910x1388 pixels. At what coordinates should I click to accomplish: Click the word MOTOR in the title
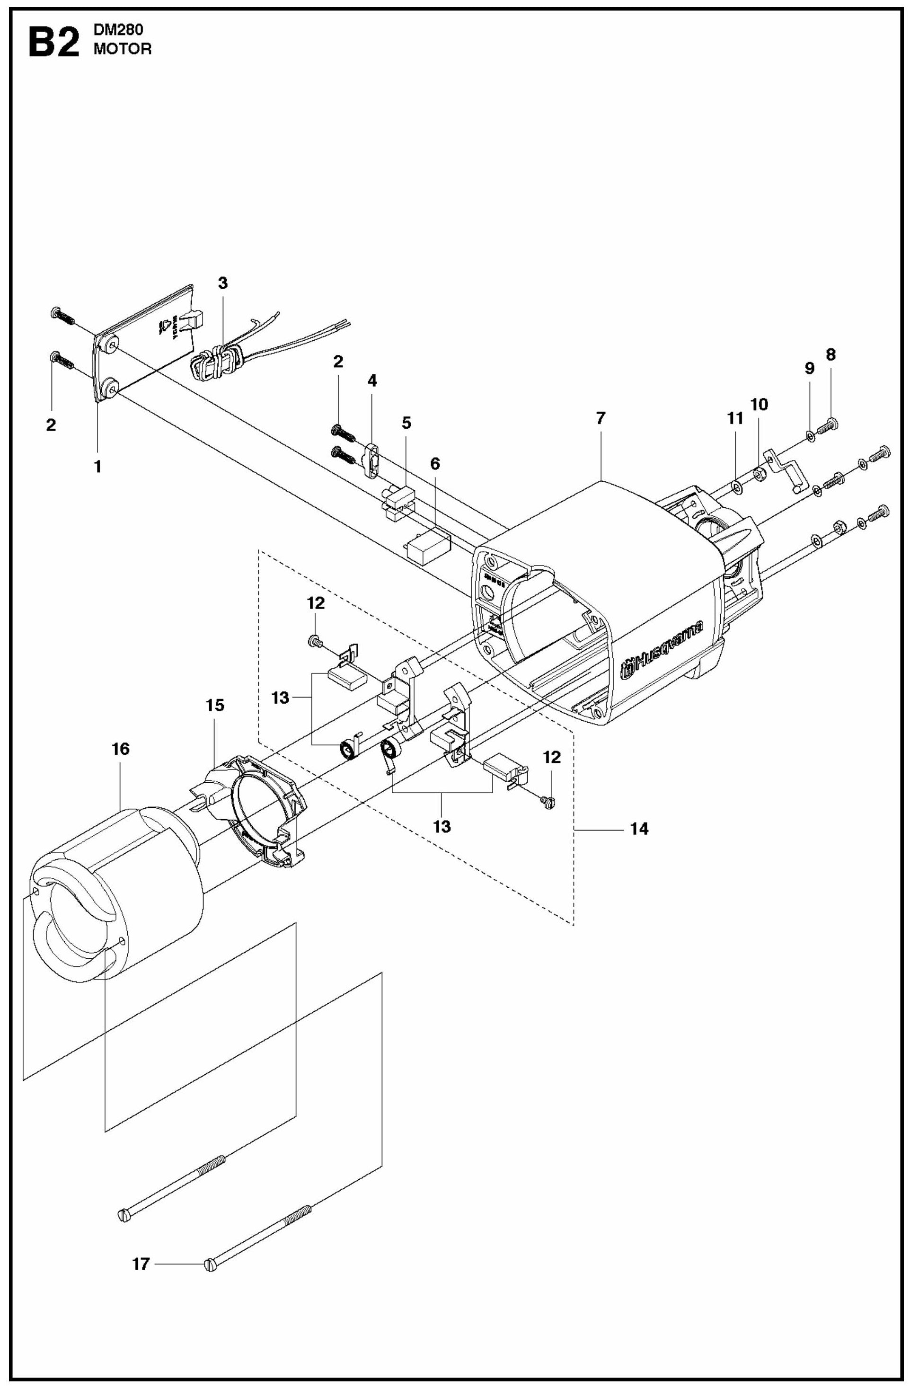123,50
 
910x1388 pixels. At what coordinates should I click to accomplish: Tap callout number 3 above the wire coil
223,283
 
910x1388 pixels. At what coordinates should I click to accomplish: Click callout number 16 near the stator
120,749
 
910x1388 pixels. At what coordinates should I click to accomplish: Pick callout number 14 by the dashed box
639,829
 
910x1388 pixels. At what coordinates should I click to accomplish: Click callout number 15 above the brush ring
215,706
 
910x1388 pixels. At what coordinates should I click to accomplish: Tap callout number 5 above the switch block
406,423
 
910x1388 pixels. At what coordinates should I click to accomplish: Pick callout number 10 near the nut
759,404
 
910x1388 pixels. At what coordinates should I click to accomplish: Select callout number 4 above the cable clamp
371,381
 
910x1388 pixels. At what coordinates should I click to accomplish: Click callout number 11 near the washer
735,418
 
